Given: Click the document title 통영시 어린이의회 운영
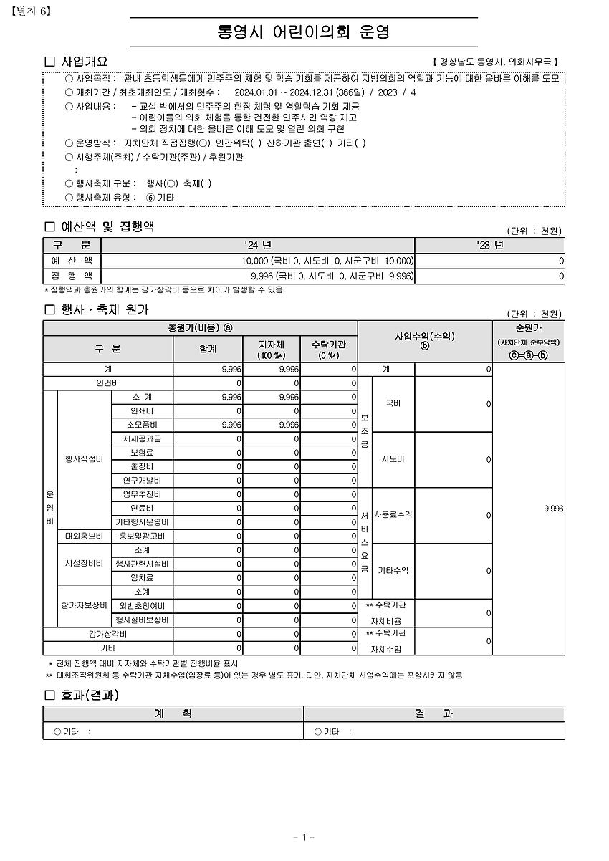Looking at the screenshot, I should click(304, 32).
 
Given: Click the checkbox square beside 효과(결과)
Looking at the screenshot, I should click(49, 695).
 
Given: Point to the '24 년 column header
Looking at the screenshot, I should click(258, 245).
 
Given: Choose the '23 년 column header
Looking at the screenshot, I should click(489, 245).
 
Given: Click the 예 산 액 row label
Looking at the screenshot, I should click(72, 261).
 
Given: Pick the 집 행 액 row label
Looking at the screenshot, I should click(72, 276).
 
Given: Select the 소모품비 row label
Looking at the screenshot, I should click(142, 425).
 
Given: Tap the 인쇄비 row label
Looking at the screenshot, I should click(142, 411).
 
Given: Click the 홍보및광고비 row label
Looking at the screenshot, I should click(142, 536).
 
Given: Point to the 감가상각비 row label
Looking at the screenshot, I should click(107, 635).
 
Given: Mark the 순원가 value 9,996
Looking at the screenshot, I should click(553, 509).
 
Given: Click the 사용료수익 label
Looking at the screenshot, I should click(393, 515).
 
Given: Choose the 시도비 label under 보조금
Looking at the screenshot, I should click(393, 459).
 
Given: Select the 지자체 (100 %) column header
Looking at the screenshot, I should click(272, 350).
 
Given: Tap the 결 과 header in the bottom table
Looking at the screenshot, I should click(434, 713).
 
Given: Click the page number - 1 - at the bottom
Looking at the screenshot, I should click(304, 837).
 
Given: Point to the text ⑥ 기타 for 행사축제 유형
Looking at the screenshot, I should click(160, 197).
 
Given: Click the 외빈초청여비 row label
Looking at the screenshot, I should click(142, 606).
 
